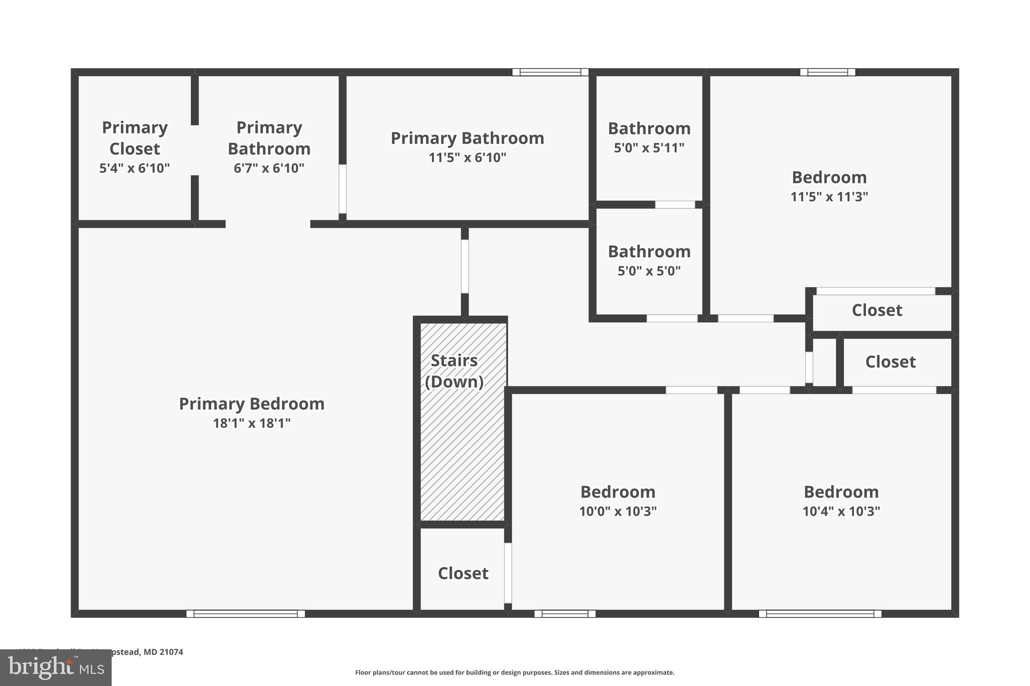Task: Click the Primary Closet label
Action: click(x=134, y=138)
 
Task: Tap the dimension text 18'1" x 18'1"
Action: click(x=251, y=423)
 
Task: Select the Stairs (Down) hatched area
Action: click(x=462, y=442)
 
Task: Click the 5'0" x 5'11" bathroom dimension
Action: click(x=649, y=148)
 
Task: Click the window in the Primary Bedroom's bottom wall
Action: click(x=245, y=614)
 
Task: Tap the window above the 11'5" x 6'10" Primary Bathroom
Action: click(x=550, y=72)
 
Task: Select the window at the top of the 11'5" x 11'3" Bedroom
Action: click(x=827, y=72)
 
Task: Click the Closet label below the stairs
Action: click(x=463, y=573)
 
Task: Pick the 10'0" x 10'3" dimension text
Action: click(x=618, y=511)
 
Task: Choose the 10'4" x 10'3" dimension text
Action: click(x=841, y=511)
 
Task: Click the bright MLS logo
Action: click(x=55, y=667)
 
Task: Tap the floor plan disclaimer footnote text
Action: click(x=514, y=672)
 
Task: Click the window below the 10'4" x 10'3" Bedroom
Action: click(x=820, y=614)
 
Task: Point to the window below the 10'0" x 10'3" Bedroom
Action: click(x=565, y=614)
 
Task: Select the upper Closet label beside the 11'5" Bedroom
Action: click(x=877, y=311)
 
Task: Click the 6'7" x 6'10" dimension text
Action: click(x=269, y=168)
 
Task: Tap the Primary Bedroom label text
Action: click(x=251, y=404)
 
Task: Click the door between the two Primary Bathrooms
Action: click(x=342, y=189)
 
